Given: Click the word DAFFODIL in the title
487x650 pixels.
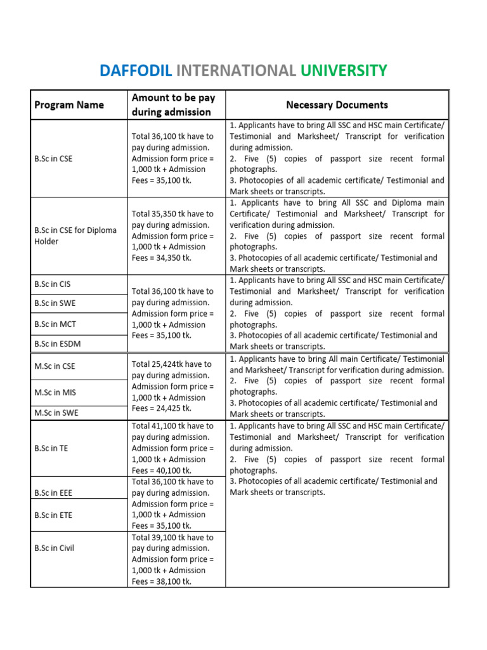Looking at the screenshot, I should (135, 70).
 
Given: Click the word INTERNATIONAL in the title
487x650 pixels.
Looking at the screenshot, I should (236, 70).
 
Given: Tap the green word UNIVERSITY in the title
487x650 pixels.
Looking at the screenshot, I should (344, 70).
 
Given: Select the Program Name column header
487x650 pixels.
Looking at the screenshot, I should (68, 105).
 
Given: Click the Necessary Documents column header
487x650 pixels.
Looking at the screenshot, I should (337, 105).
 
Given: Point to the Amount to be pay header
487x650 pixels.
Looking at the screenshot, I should (173, 105).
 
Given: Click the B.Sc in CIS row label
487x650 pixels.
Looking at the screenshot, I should (53, 284).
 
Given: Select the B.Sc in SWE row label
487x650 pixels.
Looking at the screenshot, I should (55, 303).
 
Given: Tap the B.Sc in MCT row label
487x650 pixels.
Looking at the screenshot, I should (55, 324).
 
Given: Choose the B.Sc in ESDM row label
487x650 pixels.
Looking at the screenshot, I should (57, 343).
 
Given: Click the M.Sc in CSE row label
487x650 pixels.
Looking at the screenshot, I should (55, 366).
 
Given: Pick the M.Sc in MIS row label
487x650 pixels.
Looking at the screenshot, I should (55, 392).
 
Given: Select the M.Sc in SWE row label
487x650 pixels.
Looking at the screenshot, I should (56, 413).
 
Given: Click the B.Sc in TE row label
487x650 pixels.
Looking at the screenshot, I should (51, 448).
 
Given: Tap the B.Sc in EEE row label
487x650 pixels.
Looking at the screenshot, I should (53, 492).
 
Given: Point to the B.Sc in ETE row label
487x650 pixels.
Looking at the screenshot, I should (53, 515).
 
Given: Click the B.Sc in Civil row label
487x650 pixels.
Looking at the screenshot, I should (54, 548).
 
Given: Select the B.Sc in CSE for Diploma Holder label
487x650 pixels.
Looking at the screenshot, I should (75, 235).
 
